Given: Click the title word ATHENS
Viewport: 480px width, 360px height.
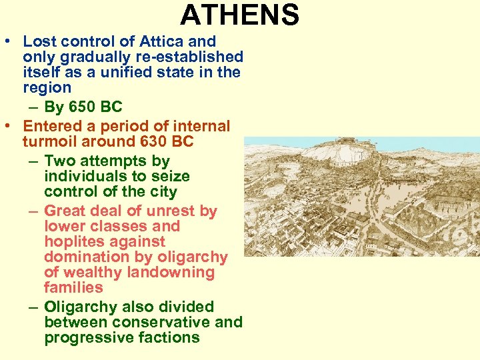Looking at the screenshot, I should (239, 15).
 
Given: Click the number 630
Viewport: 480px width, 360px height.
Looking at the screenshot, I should (151, 141).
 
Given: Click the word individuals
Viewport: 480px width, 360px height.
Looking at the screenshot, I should (83, 176).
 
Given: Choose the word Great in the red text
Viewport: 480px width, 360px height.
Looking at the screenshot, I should (64, 211).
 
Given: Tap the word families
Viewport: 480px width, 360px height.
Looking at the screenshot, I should (73, 287).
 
